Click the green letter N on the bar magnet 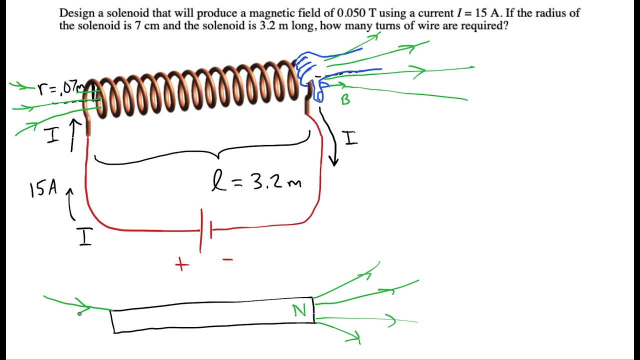coord(299,311)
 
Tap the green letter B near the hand coord(345,99)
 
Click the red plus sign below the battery coord(182,264)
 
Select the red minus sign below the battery coord(227,259)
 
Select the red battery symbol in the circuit coord(205,230)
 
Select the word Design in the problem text coord(76,13)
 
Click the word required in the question coord(484,25)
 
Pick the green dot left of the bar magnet coord(79,313)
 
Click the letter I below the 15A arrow coord(85,237)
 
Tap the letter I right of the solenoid coord(351,137)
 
